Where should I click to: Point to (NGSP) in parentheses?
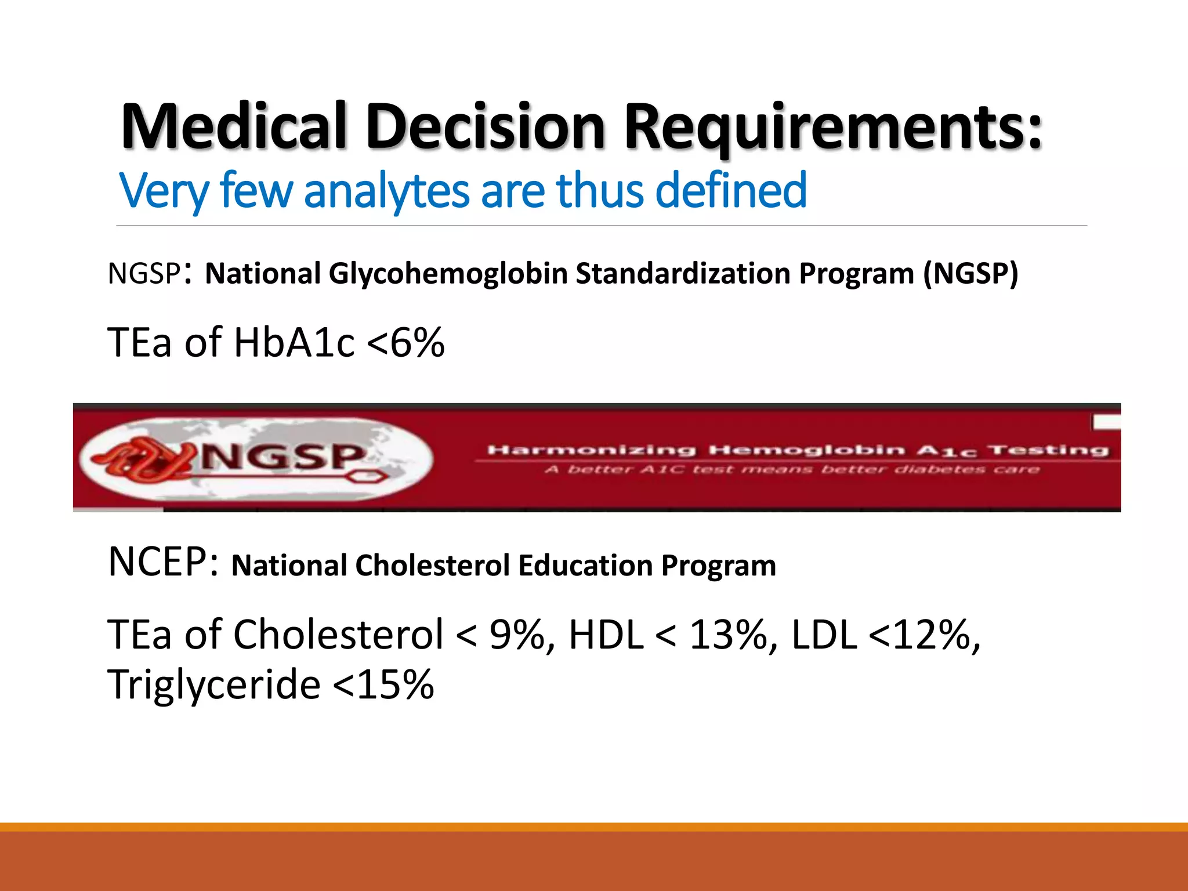coord(970,273)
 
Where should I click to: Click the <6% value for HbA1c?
coord(405,342)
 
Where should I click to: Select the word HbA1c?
coord(294,342)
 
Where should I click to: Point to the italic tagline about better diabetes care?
coord(792,469)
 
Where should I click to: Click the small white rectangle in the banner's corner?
coord(1106,422)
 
